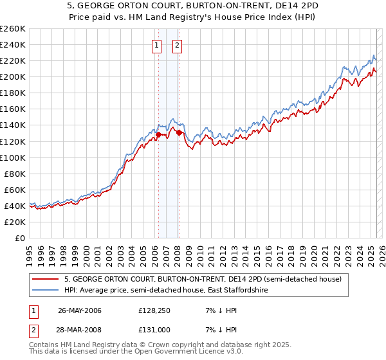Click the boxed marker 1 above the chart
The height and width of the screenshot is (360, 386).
(157, 45)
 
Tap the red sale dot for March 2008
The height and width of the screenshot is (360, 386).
(179, 132)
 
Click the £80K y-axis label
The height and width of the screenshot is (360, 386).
(14, 174)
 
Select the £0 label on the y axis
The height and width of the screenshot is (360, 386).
(20, 238)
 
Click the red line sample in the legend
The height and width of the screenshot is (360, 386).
(44, 279)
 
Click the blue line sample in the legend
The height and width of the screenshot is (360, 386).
(44, 291)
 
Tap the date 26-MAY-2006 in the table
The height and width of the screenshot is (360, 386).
(79, 310)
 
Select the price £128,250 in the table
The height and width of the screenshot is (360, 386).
(154, 310)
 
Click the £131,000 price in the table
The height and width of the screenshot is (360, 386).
(154, 330)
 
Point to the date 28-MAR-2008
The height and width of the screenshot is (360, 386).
(79, 330)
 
